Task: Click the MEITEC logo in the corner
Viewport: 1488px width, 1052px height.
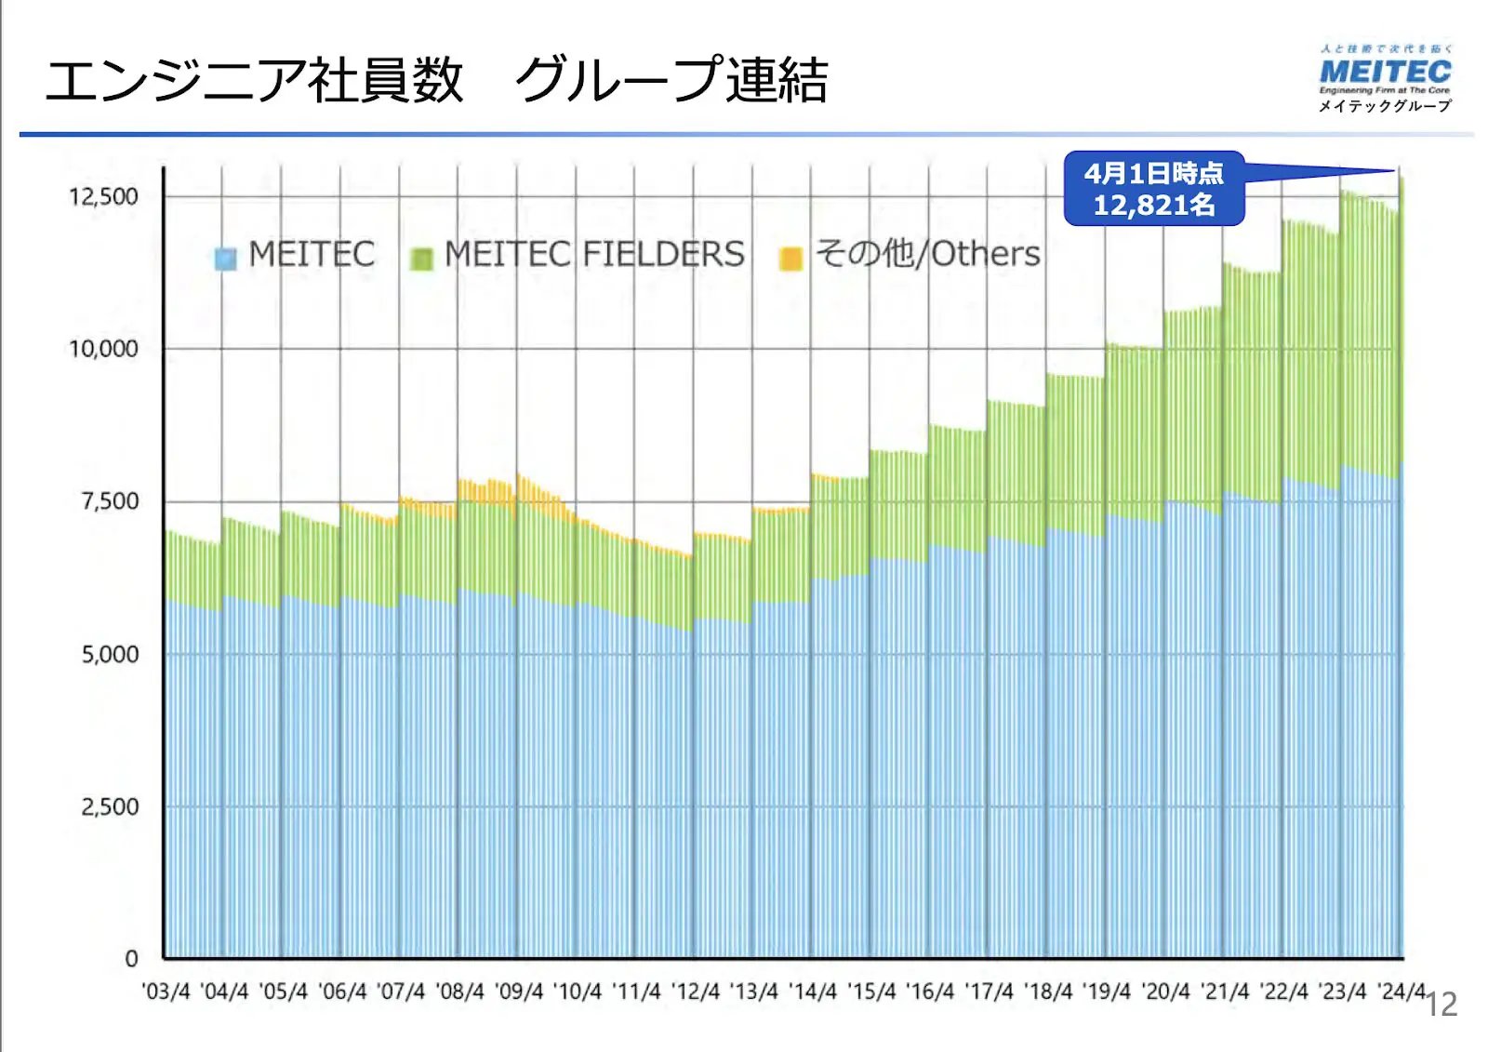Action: pos(1385,72)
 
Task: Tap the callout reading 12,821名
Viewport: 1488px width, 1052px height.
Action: pos(1154,189)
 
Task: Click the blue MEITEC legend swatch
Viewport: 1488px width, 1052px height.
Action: pos(225,258)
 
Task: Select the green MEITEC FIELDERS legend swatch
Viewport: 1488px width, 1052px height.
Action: pos(421,258)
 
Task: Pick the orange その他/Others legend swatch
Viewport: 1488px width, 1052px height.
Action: pos(790,258)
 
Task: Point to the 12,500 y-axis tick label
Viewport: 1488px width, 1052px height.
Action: pos(103,196)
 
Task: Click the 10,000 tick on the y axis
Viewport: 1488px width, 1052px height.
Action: pos(103,349)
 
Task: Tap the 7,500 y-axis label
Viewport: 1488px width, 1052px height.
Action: pos(110,501)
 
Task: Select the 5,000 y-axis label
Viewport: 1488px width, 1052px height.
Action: pos(110,654)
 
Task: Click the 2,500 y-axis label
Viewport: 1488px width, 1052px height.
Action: pos(110,806)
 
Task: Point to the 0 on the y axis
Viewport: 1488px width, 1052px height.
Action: pos(131,958)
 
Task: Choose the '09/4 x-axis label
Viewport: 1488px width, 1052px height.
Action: pos(519,992)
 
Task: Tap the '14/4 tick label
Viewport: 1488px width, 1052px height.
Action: pos(813,992)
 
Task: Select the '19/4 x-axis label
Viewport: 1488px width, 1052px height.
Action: pos(1107,992)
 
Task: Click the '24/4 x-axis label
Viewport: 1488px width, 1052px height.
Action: pos(1402,992)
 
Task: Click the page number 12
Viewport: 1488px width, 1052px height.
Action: pos(1441,1005)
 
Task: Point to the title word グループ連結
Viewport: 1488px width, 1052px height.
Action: pos(671,80)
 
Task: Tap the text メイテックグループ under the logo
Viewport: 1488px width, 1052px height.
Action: pos(1385,106)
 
